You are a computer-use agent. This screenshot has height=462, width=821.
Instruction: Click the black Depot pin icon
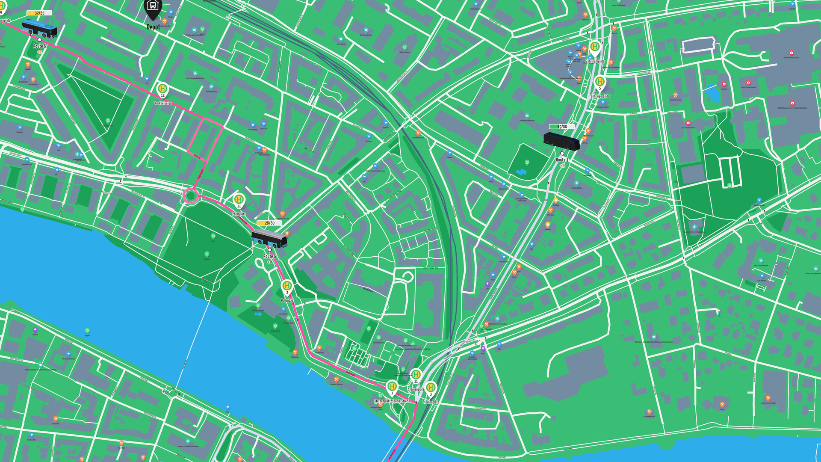coord(153,8)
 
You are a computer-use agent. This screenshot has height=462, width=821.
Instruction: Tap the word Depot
coord(153,27)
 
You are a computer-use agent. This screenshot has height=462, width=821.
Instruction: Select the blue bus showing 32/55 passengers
coord(39,28)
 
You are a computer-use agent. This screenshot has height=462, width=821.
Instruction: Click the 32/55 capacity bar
coord(39,13)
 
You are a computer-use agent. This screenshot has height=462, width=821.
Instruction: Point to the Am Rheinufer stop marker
coord(162,89)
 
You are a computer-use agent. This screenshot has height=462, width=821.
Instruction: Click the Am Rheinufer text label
coord(163,103)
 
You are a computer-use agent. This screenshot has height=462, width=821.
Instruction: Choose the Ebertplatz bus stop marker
coord(239,199)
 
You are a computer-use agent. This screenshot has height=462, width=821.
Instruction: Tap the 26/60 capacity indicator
coord(269,223)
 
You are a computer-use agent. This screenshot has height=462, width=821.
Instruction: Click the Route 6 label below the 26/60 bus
coord(269,256)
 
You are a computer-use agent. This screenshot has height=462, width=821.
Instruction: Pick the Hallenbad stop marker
coord(287,286)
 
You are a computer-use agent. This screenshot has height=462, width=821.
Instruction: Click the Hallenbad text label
coord(287,301)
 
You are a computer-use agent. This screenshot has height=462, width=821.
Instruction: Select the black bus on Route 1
coord(561,141)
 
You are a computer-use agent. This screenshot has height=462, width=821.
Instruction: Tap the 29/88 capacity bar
coord(562,127)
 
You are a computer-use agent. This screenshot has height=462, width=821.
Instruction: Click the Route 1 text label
coord(562,160)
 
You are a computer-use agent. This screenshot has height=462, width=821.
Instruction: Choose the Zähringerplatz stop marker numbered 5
coord(600,82)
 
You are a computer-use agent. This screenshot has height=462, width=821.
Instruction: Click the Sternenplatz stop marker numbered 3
coord(431,388)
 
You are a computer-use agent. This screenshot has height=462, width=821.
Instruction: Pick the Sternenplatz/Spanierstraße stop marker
coord(392,387)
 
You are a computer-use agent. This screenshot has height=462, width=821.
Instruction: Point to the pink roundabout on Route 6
coord(190,196)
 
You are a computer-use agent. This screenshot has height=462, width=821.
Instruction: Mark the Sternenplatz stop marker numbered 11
coord(416,375)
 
